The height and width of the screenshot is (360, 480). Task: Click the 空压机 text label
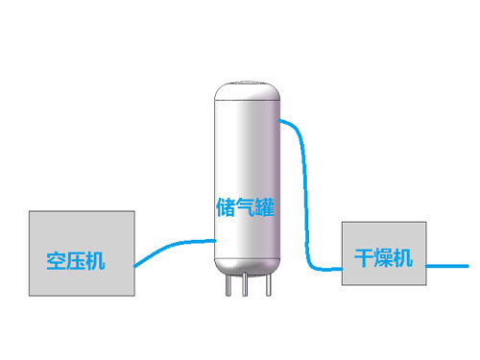pyautogui.click(x=76, y=260)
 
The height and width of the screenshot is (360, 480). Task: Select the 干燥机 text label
pyautogui.click(x=383, y=257)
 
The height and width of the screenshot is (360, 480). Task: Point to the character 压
pyautogui.click(x=76, y=260)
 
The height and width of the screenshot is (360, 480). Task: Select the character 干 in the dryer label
pyautogui.click(x=364, y=257)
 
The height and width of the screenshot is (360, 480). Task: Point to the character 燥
pyautogui.click(x=383, y=257)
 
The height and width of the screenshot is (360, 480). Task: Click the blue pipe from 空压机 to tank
pyautogui.click(x=173, y=245)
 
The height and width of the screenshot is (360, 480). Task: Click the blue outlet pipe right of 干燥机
pyautogui.click(x=446, y=262)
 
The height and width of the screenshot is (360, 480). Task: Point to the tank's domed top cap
pyautogui.click(x=246, y=92)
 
